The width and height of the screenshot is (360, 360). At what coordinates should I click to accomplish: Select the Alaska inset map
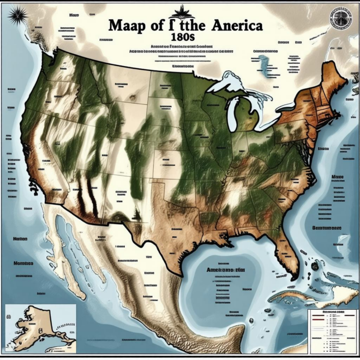pos(41,325)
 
